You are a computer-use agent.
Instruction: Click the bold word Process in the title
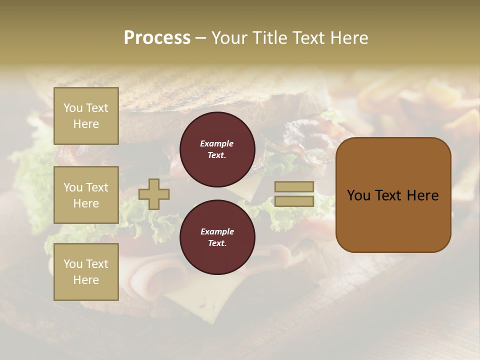tap(157, 38)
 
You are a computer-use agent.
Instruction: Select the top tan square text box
tap(86, 116)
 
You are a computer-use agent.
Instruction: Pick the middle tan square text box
tap(86, 195)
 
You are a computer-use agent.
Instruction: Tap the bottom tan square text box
tap(86, 272)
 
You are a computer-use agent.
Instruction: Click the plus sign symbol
tap(154, 194)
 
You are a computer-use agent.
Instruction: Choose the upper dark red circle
tap(217, 149)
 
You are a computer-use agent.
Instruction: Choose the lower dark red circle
tap(217, 237)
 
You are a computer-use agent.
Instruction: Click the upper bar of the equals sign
tap(294, 187)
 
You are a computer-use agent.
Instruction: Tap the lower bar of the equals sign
tap(294, 201)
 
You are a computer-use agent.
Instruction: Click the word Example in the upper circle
tap(216, 144)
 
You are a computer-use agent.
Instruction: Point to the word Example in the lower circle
tap(217, 232)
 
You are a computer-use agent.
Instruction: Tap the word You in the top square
tap(72, 108)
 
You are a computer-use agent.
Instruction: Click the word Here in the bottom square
tap(86, 280)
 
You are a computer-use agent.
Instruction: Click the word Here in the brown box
tap(422, 195)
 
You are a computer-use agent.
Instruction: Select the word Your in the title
tap(230, 38)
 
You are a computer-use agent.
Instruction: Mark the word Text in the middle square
tap(96, 187)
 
